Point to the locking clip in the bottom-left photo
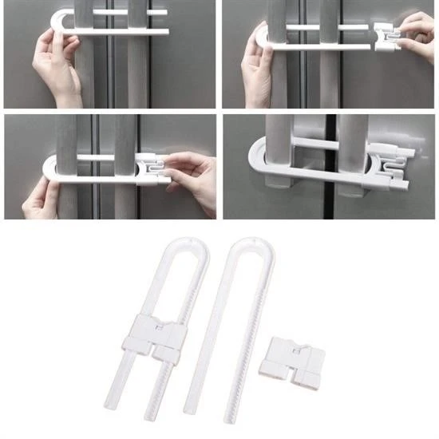(151, 168)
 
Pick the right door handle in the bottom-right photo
(351, 160)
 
